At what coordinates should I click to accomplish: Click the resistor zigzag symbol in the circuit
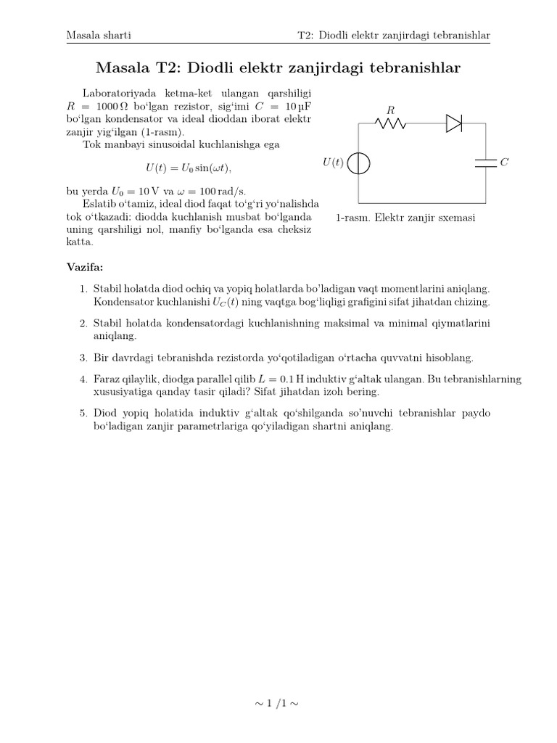390,123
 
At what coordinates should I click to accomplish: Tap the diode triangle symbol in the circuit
454,123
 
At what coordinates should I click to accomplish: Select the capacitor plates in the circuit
484,163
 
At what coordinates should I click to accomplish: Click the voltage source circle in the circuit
359,163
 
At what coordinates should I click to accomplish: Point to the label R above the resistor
390,110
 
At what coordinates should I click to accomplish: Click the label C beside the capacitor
504,163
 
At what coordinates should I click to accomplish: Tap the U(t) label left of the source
332,163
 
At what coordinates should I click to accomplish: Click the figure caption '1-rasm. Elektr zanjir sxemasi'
405,218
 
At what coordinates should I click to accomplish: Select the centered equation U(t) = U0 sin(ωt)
189,168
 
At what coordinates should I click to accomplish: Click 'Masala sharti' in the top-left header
98,35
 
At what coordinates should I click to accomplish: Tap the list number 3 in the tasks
83,358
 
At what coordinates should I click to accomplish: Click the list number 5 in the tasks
83,413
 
